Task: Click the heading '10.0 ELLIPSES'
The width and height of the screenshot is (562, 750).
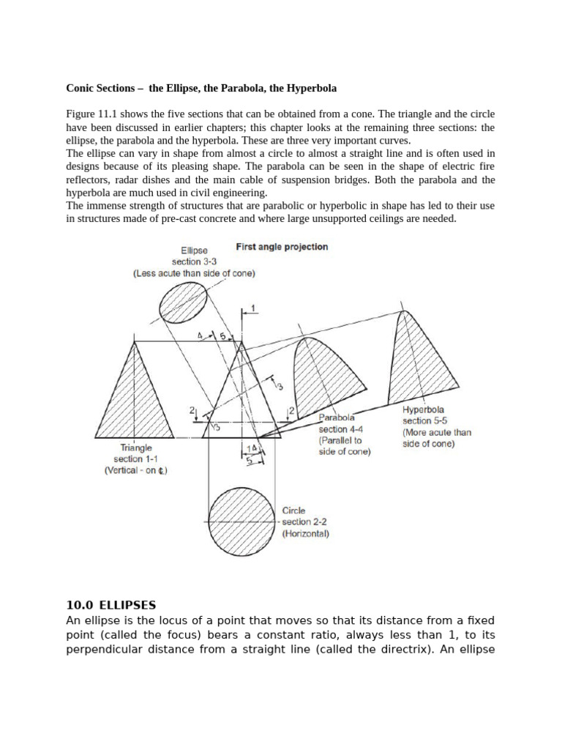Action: click(110, 605)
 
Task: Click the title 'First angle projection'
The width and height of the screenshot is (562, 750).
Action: click(282, 247)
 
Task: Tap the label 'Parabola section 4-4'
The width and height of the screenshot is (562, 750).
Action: click(338, 423)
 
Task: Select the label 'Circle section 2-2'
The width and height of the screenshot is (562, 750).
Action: click(304, 516)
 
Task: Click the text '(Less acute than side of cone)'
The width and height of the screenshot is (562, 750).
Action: click(194, 273)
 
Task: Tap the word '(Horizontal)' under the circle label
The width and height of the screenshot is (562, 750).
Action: click(305, 534)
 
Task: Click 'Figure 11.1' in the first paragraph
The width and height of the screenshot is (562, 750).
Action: click(91, 114)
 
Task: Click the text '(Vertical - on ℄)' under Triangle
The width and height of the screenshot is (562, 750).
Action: click(135, 471)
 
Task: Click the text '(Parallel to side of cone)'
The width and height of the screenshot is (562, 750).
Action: click(344, 447)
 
